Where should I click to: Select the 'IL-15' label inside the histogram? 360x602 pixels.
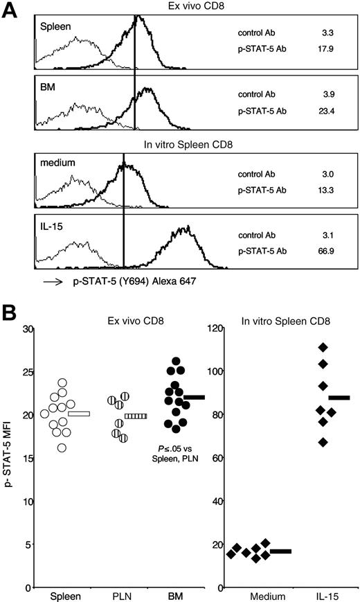tap(54, 229)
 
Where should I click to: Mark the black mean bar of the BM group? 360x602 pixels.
tap(194, 397)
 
